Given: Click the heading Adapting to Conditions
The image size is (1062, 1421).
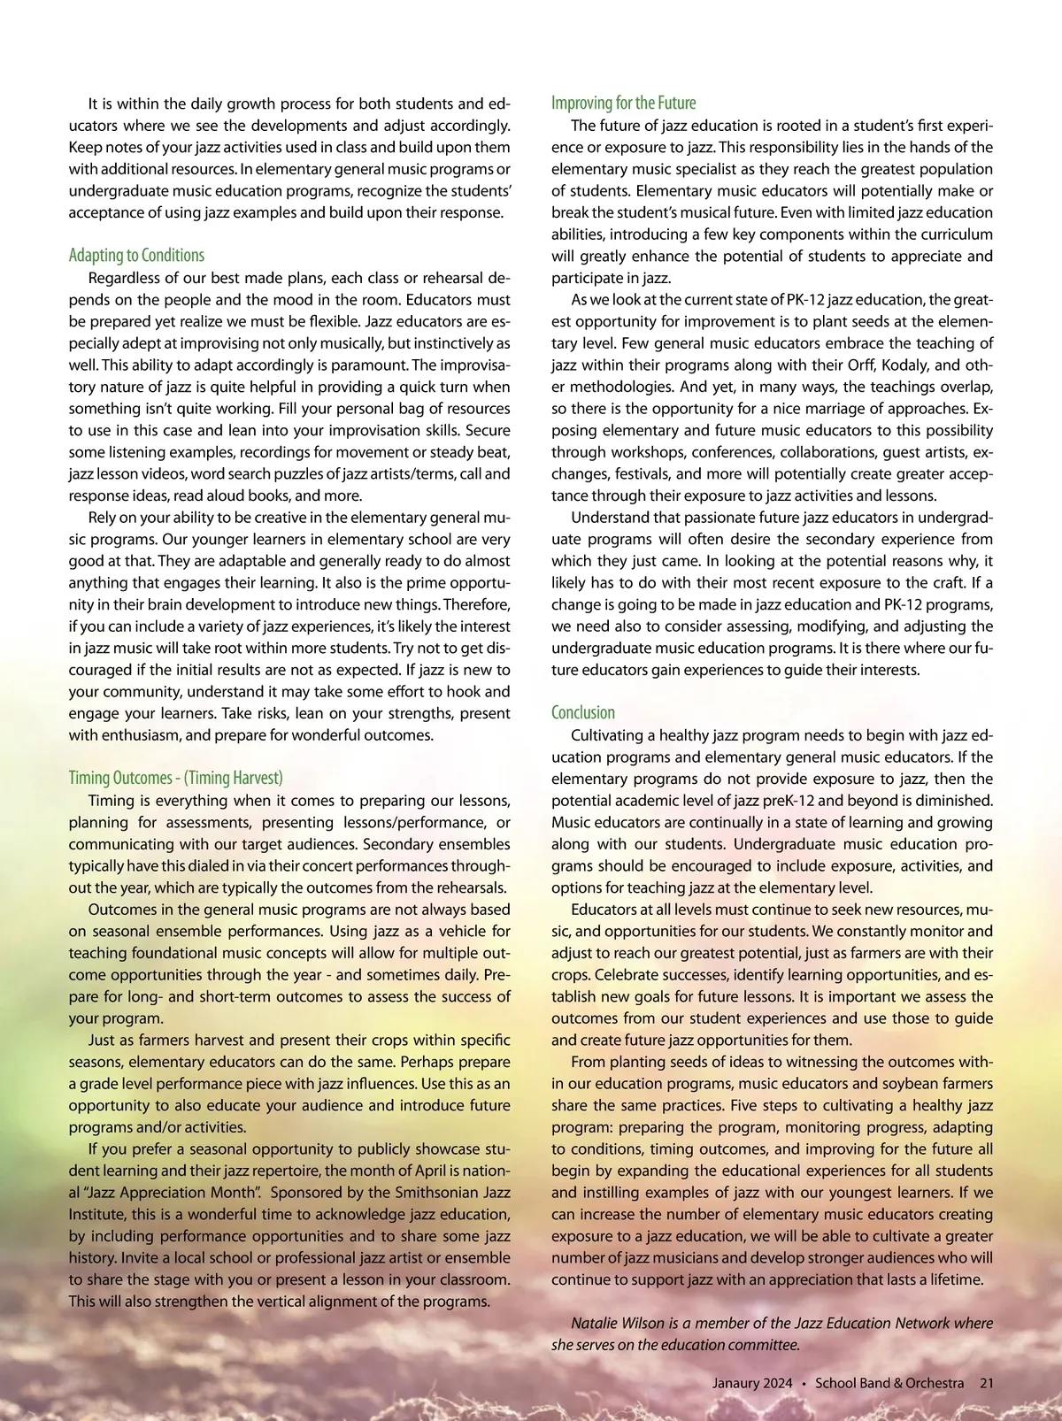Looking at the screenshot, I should pos(136,256).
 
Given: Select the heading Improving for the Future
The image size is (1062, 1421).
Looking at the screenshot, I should pos(623,103).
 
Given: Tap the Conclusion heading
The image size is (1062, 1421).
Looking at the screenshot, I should pos(582,713).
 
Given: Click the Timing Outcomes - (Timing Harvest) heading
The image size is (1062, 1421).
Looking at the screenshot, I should pos(175,779).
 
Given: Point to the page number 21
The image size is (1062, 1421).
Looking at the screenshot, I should pos(986,1383).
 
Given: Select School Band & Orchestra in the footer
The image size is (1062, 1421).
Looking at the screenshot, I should pos(889,1383).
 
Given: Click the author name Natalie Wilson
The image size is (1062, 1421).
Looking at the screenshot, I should pos(618,1324).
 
